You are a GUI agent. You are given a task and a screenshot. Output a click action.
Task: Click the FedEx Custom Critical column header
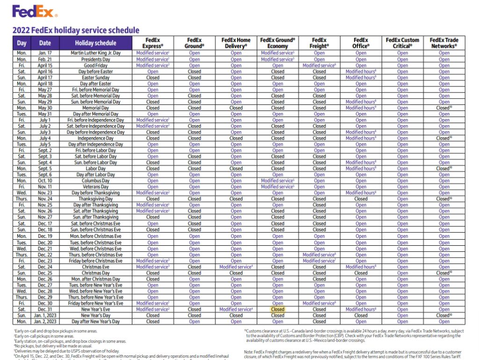click(x=402, y=43)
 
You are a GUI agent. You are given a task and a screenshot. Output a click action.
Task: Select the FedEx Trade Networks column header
click(x=444, y=43)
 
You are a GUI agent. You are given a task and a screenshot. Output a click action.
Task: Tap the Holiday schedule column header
click(x=95, y=43)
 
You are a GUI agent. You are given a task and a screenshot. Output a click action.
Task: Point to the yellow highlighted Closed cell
click(x=277, y=309)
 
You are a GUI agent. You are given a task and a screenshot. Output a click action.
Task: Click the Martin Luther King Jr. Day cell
click(x=95, y=53)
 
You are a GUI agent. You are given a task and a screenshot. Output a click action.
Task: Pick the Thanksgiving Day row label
click(x=95, y=199)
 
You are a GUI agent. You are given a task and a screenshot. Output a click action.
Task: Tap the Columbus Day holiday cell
click(x=95, y=181)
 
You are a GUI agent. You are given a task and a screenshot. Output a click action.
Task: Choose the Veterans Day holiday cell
click(x=95, y=187)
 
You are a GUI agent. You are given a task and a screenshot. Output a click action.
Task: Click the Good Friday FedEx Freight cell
click(x=319, y=66)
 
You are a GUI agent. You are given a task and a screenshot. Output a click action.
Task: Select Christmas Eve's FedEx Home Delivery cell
click(x=236, y=267)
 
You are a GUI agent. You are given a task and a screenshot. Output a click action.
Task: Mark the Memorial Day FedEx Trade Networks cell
click(x=444, y=108)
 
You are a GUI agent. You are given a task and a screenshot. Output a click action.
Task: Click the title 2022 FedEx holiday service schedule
click(x=76, y=30)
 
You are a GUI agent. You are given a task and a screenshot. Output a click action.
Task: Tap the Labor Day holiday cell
click(x=95, y=169)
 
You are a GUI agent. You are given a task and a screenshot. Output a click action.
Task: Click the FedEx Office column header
click(x=361, y=43)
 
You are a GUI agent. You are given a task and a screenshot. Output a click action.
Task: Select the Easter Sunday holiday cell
click(x=95, y=78)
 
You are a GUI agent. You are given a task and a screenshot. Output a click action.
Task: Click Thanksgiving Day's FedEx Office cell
click(x=361, y=199)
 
